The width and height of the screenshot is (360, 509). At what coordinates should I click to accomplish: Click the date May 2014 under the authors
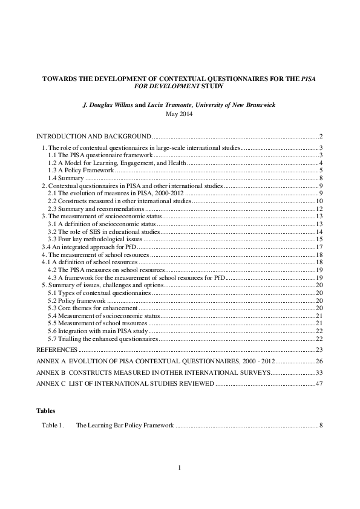(180, 113)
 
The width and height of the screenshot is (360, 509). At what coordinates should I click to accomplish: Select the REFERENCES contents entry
(56, 350)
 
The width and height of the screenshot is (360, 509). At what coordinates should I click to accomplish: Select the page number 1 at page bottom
(180, 468)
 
